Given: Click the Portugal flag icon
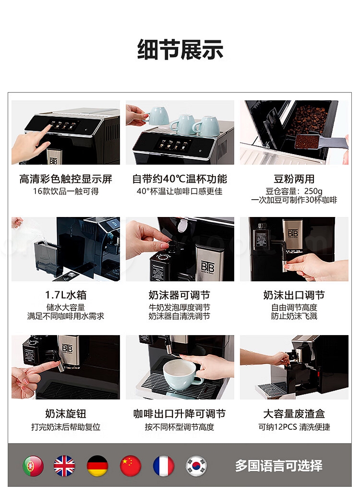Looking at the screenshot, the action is click(x=33, y=465).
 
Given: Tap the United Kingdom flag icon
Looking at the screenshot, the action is click(x=64, y=465).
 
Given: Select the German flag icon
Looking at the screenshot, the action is click(x=98, y=465).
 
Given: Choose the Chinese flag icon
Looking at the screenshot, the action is click(x=130, y=465).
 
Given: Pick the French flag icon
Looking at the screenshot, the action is click(x=163, y=465).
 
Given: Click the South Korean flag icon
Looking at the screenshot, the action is click(x=196, y=465).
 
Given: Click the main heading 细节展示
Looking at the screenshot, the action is click(x=180, y=50).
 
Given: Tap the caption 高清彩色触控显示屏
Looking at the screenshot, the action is click(x=66, y=179).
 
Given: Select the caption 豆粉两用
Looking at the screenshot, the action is click(x=294, y=179).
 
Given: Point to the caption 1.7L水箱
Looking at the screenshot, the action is click(x=66, y=295).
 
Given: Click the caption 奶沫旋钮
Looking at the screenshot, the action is click(x=66, y=413).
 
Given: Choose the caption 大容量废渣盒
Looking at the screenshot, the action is click(x=294, y=413).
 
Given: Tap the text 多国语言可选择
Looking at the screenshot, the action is click(x=278, y=465).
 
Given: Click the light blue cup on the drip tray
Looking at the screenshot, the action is click(x=181, y=375).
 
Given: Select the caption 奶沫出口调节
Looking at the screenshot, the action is click(x=294, y=295).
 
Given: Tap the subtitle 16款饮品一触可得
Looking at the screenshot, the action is click(x=66, y=191).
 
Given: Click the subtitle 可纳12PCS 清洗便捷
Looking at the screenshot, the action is click(x=294, y=427).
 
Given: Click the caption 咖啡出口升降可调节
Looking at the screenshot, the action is click(x=180, y=413).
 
